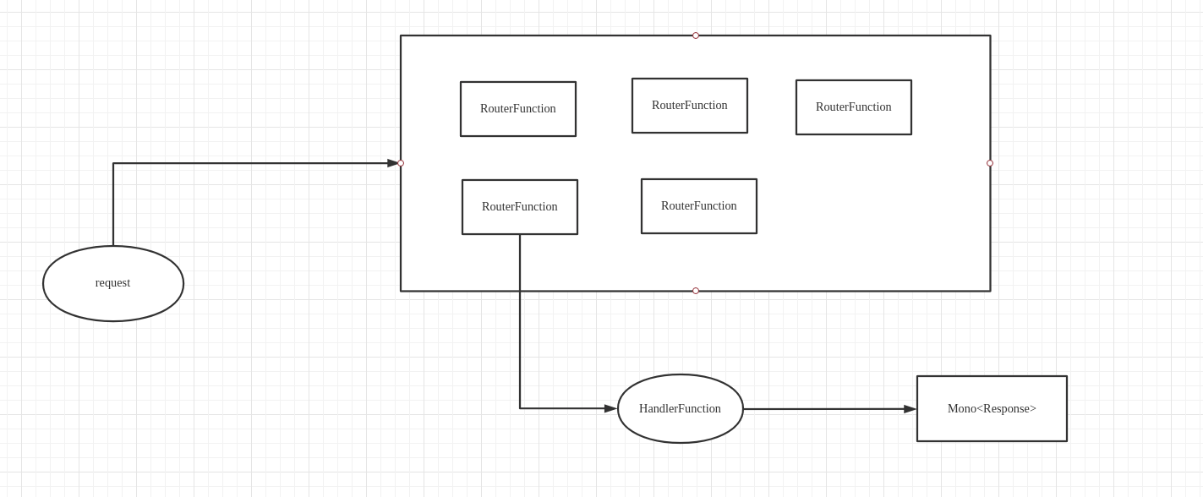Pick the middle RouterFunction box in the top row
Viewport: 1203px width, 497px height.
690,106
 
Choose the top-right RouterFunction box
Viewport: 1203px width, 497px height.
854,107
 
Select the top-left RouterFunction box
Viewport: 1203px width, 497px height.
518,109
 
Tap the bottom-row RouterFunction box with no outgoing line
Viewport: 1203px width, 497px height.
699,206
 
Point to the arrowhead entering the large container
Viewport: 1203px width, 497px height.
393,163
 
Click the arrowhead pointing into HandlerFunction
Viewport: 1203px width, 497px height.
610,408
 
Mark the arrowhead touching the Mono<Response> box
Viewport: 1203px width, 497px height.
910,409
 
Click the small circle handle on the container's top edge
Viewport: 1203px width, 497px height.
696,35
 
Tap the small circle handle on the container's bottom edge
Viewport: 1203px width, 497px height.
696,291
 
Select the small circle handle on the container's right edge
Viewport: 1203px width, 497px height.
990,163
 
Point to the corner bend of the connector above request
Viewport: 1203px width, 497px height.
113,163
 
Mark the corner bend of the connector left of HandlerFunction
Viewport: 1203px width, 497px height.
520,408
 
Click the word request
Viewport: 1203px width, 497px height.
112,282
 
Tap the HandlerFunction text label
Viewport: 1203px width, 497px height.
680,408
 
